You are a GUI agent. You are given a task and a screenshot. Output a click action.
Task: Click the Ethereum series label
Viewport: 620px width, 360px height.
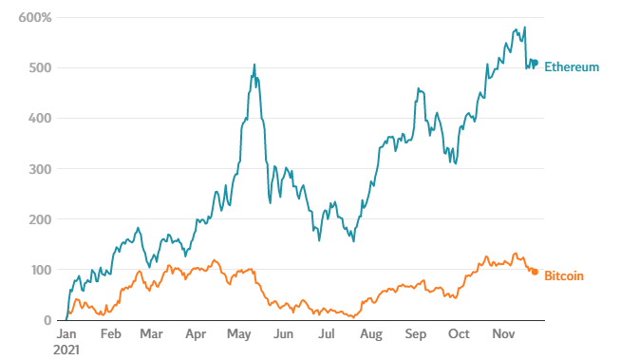[572, 67]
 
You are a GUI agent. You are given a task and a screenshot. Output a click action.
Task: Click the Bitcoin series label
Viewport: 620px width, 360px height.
[564, 275]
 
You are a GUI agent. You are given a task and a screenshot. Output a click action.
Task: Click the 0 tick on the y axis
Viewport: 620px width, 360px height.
[47, 320]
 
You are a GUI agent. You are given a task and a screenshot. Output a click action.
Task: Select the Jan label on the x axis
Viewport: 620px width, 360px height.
[66, 335]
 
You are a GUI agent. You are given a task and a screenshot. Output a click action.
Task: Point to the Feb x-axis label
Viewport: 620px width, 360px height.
[110, 335]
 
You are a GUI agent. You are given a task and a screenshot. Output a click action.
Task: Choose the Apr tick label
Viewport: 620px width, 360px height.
[196, 335]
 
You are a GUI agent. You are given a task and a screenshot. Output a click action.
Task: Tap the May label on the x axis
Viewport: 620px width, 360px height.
[239, 335]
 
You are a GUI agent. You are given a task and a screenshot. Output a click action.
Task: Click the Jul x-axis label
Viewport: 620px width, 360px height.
[326, 335]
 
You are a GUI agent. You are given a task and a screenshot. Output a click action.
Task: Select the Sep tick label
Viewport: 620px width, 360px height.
[415, 335]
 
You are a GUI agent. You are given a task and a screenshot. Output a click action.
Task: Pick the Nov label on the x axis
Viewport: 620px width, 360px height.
[502, 335]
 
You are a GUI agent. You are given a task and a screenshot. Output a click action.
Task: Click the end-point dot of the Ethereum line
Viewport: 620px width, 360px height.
[535, 64]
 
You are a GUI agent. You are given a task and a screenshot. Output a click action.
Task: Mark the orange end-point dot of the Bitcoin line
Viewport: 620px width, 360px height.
[535, 272]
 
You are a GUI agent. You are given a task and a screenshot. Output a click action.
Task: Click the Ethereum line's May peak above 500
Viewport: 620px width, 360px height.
[254, 66]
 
